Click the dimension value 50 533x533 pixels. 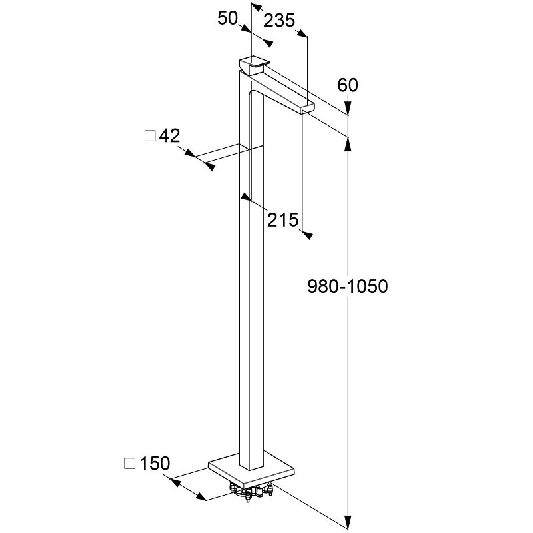(228, 19)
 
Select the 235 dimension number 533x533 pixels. (279, 21)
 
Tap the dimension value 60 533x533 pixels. (348, 85)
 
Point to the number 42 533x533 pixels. (170, 136)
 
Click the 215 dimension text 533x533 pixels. (282, 219)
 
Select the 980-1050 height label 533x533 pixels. (348, 286)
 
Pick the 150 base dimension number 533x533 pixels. (156, 462)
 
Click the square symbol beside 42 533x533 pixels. (150, 136)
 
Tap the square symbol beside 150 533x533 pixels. (130, 462)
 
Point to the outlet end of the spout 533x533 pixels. (307, 108)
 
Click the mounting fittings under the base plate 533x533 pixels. (252, 494)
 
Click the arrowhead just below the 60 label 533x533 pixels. (348, 107)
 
